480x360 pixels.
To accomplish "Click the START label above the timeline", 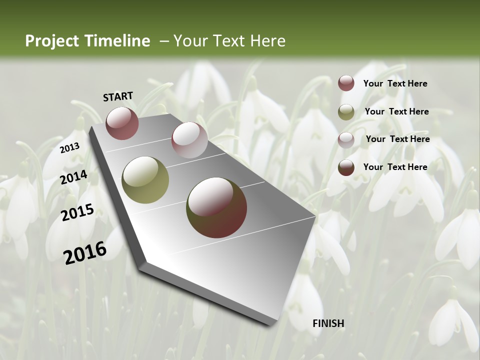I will click(x=118, y=96).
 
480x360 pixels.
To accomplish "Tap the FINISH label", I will click(x=328, y=323).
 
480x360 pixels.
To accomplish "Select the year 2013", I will click(x=69, y=147).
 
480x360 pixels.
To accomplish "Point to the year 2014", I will click(x=73, y=177).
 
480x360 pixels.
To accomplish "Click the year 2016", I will click(x=85, y=252).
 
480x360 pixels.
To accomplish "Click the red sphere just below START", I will click(x=122, y=123).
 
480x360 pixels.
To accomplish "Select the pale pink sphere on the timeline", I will click(x=189, y=140).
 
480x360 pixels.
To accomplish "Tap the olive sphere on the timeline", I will click(x=145, y=179).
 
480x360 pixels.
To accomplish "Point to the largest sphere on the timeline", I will click(x=216, y=207).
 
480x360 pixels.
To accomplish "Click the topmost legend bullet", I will click(x=346, y=83).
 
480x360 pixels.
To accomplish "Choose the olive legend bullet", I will click(x=346, y=112).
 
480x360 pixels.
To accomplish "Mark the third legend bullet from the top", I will click(x=346, y=140).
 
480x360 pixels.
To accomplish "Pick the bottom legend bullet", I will click(x=346, y=167).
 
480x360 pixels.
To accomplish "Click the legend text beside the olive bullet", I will click(x=396, y=111).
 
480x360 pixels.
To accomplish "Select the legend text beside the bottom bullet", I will click(x=395, y=167).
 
